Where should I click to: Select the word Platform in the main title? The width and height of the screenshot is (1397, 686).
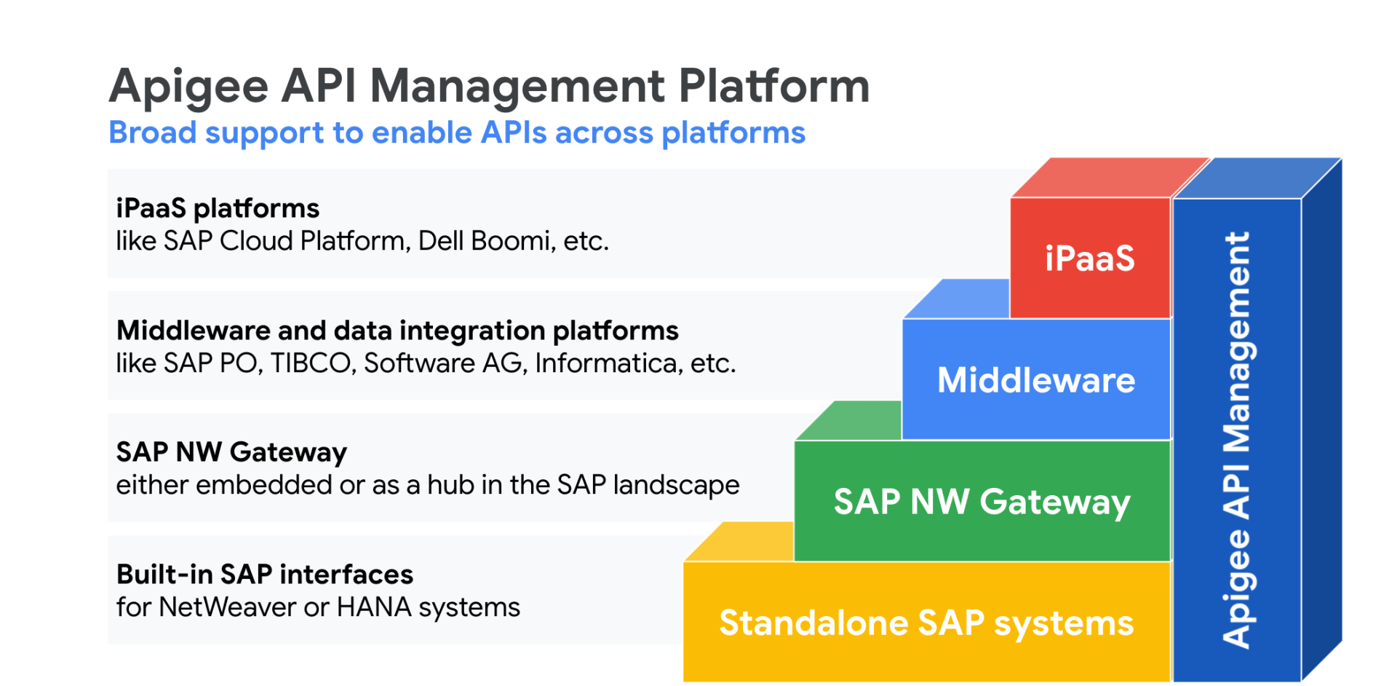coord(774,86)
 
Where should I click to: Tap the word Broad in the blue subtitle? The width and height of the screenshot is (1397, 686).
coord(153,133)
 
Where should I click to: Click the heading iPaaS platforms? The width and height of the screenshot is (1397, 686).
coord(218,209)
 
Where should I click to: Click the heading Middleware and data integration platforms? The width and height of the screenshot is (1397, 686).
coord(397,331)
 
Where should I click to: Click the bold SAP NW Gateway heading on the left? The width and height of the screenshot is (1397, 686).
coord(231,453)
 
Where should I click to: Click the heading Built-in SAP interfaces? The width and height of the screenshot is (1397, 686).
coord(265,575)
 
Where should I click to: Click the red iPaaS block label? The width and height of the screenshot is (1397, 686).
coord(1089,259)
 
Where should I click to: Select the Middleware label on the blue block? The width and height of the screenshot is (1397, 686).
coord(1036,380)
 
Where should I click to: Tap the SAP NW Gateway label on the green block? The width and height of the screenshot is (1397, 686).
coord(982,502)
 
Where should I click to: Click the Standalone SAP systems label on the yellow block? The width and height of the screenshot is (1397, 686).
coord(926,623)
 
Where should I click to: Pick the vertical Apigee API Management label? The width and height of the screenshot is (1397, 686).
coord(1236,440)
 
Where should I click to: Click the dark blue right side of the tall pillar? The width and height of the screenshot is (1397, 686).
coord(1321,420)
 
